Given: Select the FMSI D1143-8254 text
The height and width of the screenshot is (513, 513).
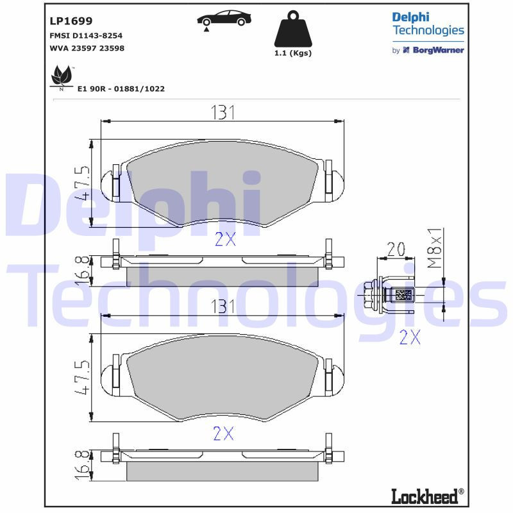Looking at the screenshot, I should (x=87, y=35).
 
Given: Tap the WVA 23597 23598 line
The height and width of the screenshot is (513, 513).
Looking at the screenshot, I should (x=87, y=48).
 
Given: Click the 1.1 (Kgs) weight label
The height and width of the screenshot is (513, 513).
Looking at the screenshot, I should (x=292, y=53).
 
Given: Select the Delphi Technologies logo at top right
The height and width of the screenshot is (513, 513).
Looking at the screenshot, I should (x=428, y=24).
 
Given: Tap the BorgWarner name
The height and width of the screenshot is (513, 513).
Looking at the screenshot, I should (x=437, y=50).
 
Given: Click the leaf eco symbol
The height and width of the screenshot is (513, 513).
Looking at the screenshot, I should (x=62, y=78).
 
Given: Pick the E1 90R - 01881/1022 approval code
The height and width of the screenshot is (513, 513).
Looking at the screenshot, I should (x=121, y=89).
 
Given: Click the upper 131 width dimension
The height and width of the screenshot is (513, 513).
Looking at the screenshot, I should (x=222, y=112).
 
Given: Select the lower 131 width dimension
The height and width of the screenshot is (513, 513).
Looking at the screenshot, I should (x=222, y=307).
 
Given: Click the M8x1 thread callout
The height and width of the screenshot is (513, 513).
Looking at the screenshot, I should (x=435, y=248).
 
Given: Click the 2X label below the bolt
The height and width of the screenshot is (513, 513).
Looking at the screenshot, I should (x=409, y=337).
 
